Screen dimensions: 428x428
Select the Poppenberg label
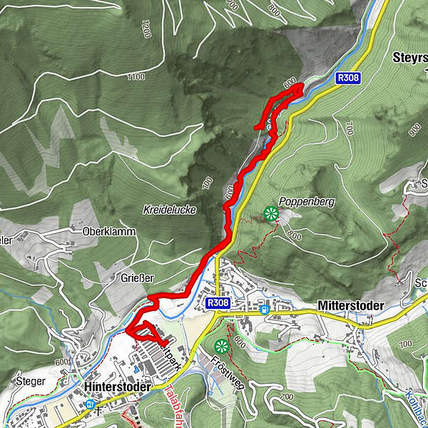[307, 202]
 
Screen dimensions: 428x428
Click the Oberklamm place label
[95, 231]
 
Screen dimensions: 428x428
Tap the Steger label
[29, 381]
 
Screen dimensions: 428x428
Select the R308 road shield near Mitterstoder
[219, 304]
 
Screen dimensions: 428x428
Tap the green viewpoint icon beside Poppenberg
[271, 212]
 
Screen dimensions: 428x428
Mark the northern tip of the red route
[300, 86]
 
